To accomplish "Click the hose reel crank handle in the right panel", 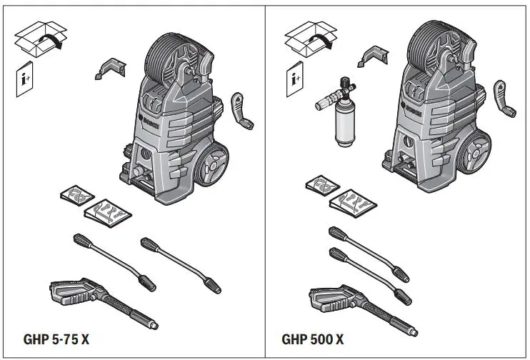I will pyautogui.click(x=506, y=100).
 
